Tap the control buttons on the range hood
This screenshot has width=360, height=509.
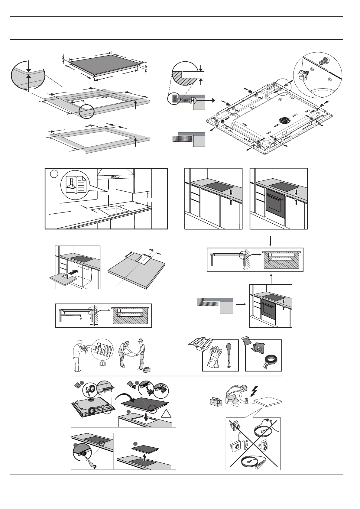[x=115, y=177]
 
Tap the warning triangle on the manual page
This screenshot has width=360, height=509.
[x=99, y=346]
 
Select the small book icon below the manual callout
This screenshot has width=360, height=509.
[x=102, y=363]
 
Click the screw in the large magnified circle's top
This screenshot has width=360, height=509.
[x=324, y=61]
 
